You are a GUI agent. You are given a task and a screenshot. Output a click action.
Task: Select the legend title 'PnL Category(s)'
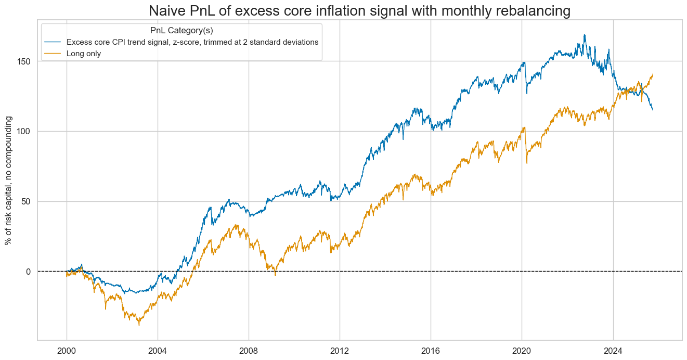[181, 31]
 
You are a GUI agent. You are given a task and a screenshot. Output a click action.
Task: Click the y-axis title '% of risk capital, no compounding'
[8, 181]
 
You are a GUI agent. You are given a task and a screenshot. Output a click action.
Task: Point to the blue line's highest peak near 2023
[585, 35]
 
